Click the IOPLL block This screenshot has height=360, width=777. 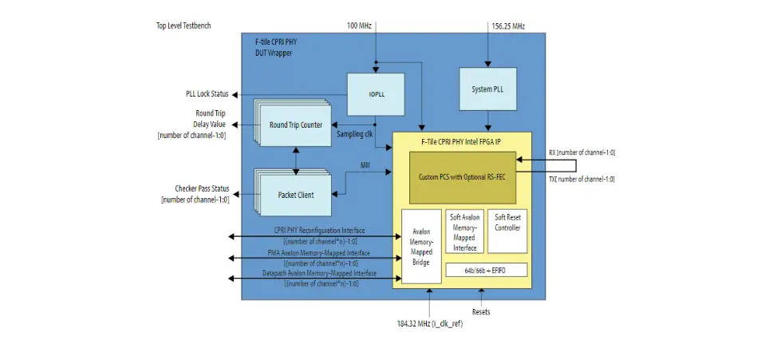376,94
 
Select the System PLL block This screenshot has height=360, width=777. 487,89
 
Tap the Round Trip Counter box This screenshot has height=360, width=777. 296,125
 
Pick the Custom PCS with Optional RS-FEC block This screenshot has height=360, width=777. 463,176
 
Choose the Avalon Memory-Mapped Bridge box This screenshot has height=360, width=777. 420,246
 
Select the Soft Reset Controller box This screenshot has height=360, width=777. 507,223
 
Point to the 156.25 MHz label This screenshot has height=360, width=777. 508,26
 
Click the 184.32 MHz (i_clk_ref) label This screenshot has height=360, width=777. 430,324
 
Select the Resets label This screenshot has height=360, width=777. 481,312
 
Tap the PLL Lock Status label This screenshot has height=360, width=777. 203,94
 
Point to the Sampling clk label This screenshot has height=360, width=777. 355,134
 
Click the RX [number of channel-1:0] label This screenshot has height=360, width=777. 582,152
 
